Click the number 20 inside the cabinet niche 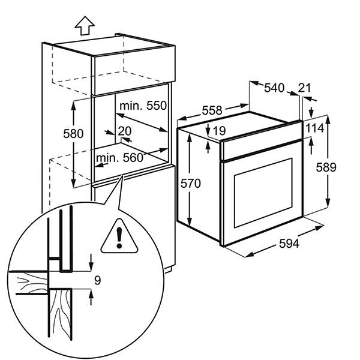[x=125, y=131]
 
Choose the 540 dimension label [x=274, y=88]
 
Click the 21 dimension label [x=305, y=88]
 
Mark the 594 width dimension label [x=290, y=244]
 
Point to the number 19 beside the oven [x=219, y=130]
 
